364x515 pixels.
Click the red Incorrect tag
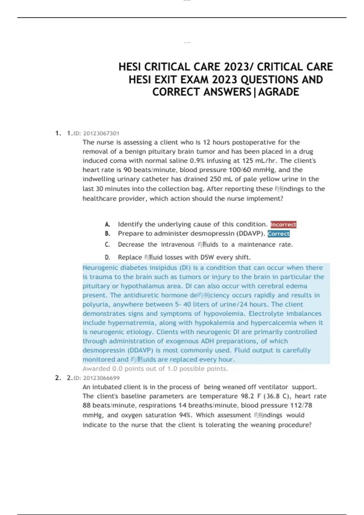coord(283,224)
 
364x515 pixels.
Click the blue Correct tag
coord(278,234)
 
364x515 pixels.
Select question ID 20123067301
coord(101,133)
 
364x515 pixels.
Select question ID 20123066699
coord(101,378)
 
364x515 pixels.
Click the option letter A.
coord(107,224)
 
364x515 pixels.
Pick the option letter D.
coord(107,257)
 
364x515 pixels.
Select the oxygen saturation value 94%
coord(185,415)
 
